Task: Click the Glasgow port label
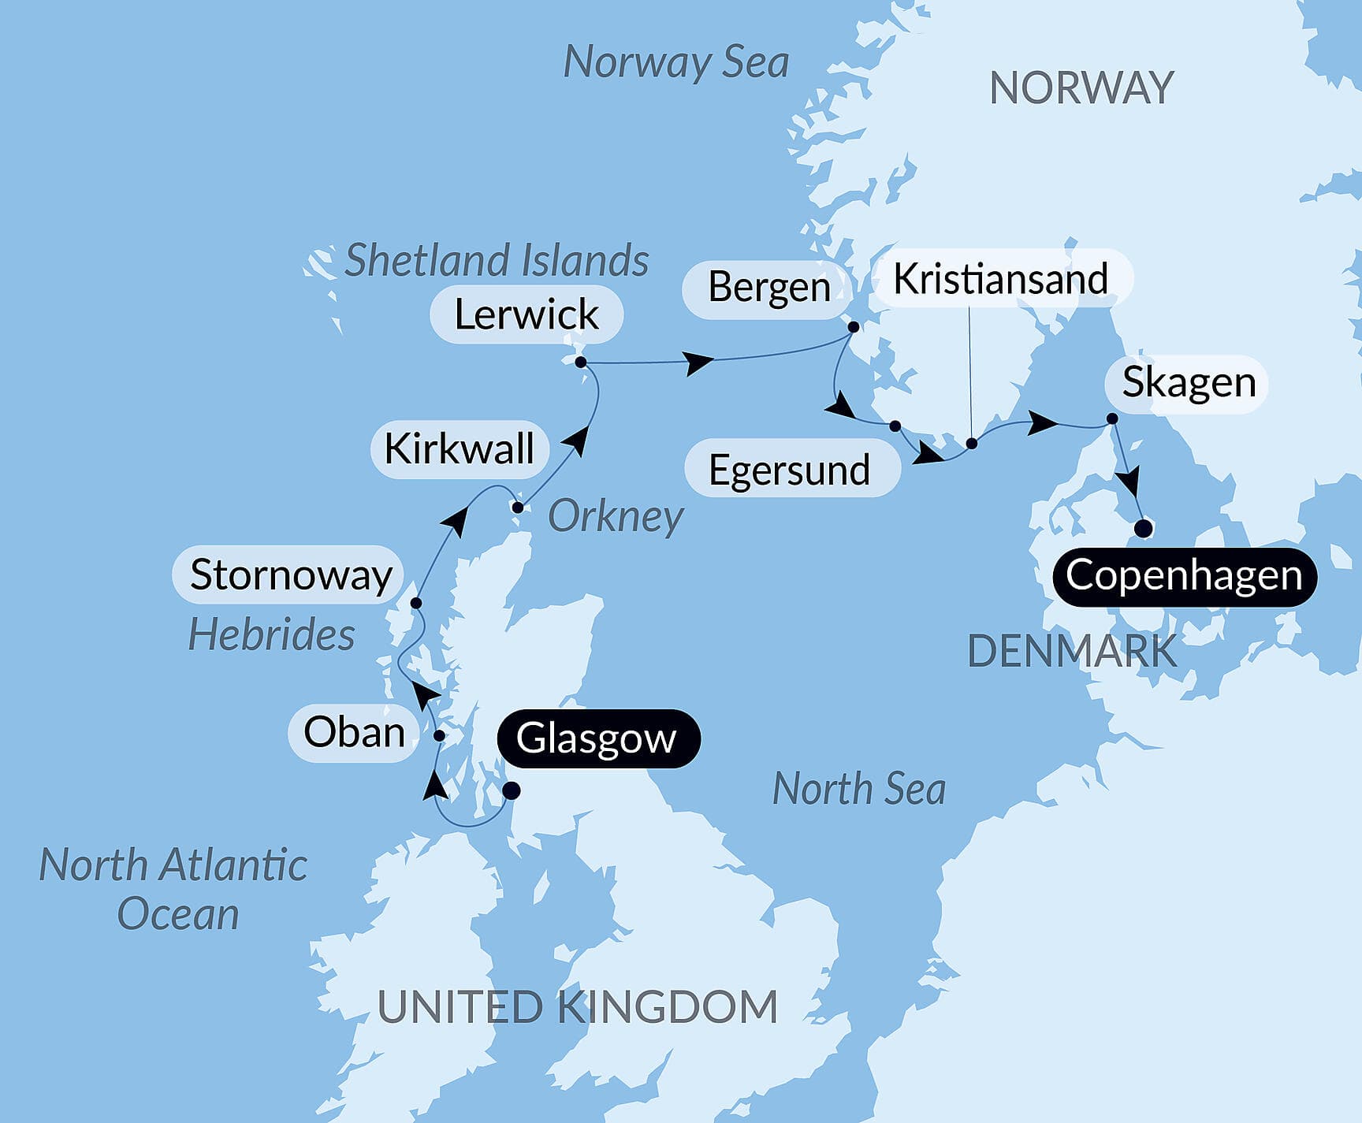pos(598,739)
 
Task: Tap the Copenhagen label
pos(1184,576)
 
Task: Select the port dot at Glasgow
pos(512,790)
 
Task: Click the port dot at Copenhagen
pos(1143,528)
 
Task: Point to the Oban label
pos(354,732)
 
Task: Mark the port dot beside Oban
pos(440,736)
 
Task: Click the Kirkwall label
pos(459,449)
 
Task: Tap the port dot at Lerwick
pos(581,363)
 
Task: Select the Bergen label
pos(768,287)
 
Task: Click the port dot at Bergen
pos(853,326)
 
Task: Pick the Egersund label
pos(789,470)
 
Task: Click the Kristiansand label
pos(1000,280)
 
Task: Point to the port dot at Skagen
pos(1112,418)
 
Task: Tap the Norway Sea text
pos(675,62)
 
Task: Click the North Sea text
pos(858,789)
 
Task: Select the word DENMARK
pos(1072,652)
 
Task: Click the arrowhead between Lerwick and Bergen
pos(698,363)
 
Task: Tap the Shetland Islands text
pos(497,260)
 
